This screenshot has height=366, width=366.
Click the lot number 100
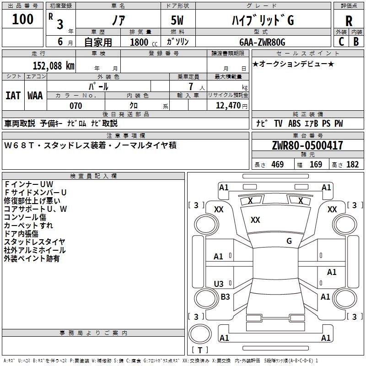pyautogui.click(x=22, y=19)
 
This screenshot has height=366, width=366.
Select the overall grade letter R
pyautogui.click(x=349, y=21)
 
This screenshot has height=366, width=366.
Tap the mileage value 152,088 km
pyautogui.click(x=54, y=66)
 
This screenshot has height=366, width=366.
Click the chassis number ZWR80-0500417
pyautogui.click(x=307, y=145)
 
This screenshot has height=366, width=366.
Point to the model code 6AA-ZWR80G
pyautogui.click(x=262, y=42)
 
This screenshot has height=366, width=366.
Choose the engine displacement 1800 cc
pyautogui.click(x=144, y=42)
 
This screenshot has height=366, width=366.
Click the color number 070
pyautogui.click(x=76, y=106)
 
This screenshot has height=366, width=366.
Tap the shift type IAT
pyautogui.click(x=13, y=96)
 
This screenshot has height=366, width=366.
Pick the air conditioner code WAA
pyautogui.click(x=35, y=96)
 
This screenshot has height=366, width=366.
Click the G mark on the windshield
pyautogui.click(x=289, y=241)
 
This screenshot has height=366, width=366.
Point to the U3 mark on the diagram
pyautogui.click(x=219, y=284)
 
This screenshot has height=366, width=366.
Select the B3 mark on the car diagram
pyautogui.click(x=225, y=296)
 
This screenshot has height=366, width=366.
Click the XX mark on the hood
pyautogui.click(x=255, y=220)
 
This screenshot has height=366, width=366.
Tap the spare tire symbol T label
pyautogui.click(x=200, y=350)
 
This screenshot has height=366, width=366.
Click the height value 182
pyautogui.click(x=352, y=164)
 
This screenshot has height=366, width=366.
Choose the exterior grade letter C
pyautogui.click(x=341, y=42)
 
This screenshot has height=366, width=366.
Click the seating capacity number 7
pyautogui.click(x=191, y=86)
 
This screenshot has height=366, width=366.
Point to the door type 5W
pyautogui.click(x=177, y=20)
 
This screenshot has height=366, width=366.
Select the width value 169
pyautogui.click(x=316, y=164)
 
